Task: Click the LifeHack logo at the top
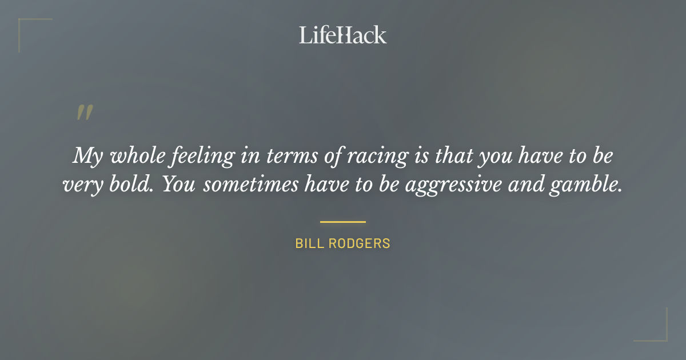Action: [343, 35]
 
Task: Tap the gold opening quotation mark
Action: [85, 113]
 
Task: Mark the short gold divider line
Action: [343, 222]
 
